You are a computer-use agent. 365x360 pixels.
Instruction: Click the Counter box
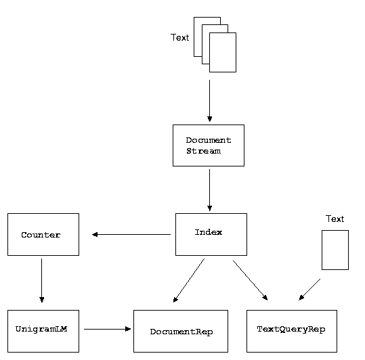43,234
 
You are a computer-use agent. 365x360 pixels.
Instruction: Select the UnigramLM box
43,331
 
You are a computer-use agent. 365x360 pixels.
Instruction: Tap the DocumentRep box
181,331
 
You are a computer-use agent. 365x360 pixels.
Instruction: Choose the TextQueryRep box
292,331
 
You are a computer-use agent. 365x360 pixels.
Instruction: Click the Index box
211,234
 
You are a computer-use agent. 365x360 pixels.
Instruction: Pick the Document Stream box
209,145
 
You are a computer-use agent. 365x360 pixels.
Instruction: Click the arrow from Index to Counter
131,234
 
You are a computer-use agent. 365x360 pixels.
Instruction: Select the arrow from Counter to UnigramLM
42,280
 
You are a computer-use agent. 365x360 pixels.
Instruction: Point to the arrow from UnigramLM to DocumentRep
107,329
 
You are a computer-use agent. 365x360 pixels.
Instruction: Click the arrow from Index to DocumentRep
189,280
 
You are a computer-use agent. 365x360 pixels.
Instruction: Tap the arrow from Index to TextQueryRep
251,280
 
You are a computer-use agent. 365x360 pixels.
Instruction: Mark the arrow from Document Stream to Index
209,190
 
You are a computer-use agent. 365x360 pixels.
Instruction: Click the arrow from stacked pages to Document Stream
209,101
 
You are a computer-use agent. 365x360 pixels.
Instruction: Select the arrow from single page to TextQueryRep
309,290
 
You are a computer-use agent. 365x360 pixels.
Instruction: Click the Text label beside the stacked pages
179,37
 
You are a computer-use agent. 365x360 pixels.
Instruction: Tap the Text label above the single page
335,219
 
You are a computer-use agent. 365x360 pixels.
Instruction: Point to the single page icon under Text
335,250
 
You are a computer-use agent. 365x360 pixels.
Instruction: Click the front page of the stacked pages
223,52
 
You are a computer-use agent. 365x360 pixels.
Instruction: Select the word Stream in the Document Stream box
203,151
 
